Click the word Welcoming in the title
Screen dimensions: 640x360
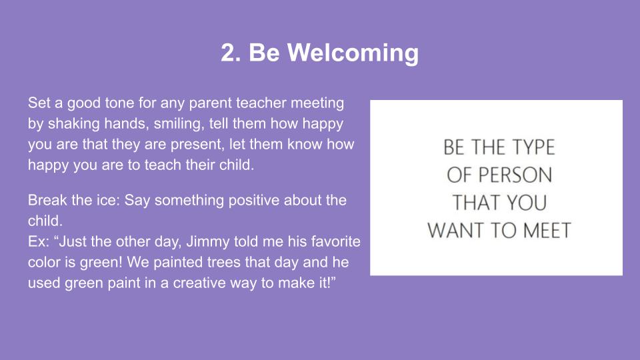[x=353, y=53]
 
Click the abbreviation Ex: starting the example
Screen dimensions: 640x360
[x=39, y=241]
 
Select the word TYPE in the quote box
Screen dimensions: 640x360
[x=533, y=147]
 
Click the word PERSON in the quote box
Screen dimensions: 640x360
[x=515, y=175]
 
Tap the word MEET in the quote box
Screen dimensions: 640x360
[x=547, y=231]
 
